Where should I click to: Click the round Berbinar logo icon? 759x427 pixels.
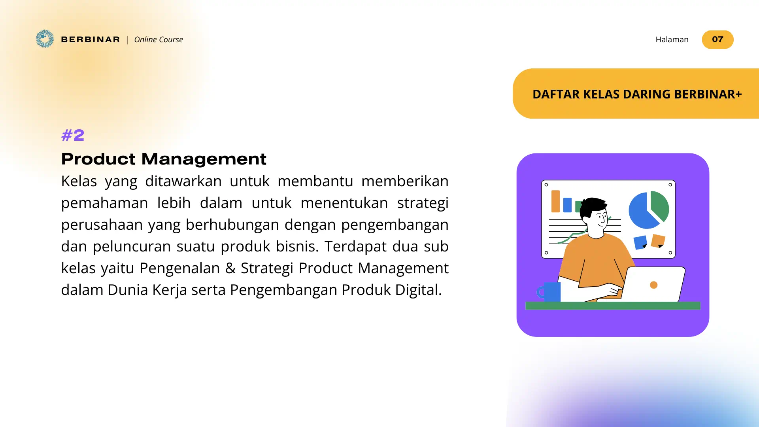coord(45,39)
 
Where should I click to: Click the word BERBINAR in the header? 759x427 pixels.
coord(91,40)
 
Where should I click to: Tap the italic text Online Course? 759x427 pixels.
coord(159,40)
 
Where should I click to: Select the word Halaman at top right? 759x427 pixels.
coord(672,40)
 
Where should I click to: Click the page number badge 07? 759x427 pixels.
coord(717,40)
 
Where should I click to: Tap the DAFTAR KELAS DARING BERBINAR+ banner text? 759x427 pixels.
coord(637,94)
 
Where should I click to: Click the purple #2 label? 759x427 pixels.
coord(73,135)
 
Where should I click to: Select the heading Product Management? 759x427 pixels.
coord(164,159)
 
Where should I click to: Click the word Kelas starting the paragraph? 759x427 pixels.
coord(79,181)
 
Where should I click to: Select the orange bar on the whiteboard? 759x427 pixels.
coord(555,201)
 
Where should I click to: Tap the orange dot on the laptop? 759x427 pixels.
coord(654,285)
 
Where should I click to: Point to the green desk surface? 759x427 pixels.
coord(613,306)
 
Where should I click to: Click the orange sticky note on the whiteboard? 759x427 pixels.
coord(658,240)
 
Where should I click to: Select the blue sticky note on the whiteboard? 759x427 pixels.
coord(640,242)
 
